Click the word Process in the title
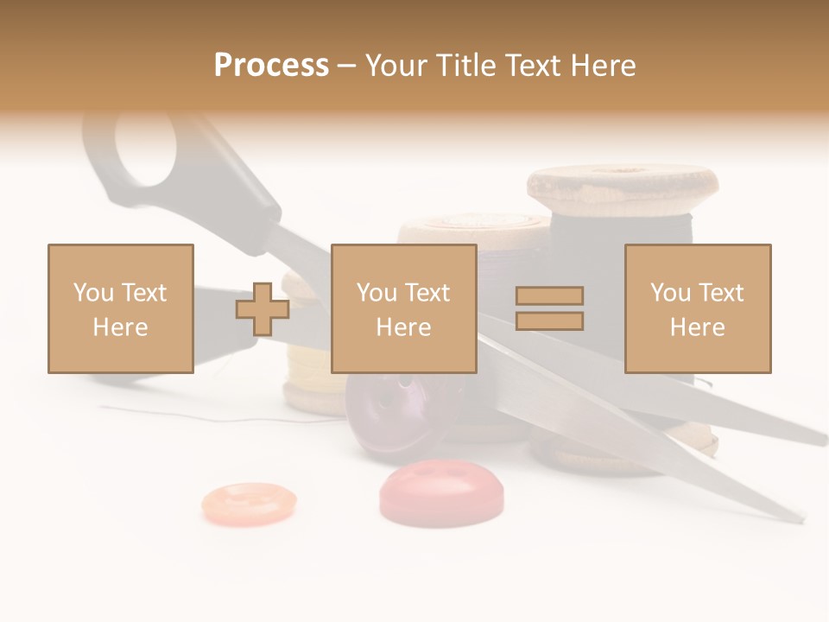(271, 66)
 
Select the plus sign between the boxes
(263, 309)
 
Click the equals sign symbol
(549, 308)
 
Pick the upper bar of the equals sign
(549, 296)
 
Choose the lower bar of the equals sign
(549, 321)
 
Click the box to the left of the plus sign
(121, 308)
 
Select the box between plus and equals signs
(403, 308)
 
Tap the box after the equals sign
(697, 308)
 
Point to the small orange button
(249, 503)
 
